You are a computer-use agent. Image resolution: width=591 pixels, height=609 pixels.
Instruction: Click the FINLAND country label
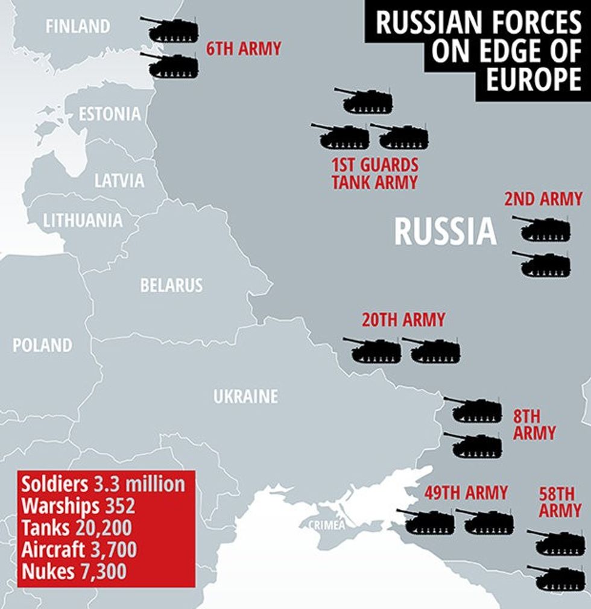(78, 27)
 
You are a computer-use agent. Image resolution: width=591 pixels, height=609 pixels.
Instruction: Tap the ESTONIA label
(110, 114)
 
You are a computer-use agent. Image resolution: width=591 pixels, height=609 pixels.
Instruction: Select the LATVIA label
(119, 180)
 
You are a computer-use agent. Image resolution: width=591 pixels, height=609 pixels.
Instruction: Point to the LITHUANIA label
(83, 221)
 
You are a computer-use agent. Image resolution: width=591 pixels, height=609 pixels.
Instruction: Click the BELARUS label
(171, 285)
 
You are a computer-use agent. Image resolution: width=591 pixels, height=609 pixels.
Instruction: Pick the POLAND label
(42, 346)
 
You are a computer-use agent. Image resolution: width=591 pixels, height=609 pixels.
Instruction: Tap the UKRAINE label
(245, 397)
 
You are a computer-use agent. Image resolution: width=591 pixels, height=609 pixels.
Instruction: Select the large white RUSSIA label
(445, 232)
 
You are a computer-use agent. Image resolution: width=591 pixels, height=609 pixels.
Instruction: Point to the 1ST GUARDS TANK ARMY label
(375, 174)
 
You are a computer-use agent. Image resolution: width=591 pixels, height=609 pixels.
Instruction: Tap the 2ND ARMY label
(543, 199)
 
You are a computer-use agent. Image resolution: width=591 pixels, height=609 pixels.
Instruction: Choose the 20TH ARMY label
(403, 320)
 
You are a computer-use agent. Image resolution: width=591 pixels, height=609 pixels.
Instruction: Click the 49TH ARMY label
(466, 493)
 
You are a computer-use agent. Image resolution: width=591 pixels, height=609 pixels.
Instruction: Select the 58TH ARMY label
(560, 502)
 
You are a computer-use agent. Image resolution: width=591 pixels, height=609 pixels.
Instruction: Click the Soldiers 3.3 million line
(103, 484)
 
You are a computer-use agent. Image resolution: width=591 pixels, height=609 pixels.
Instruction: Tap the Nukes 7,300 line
(74, 571)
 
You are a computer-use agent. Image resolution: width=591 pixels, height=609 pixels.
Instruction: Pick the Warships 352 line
(78, 506)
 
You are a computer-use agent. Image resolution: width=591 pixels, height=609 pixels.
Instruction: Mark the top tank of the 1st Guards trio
(365, 101)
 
